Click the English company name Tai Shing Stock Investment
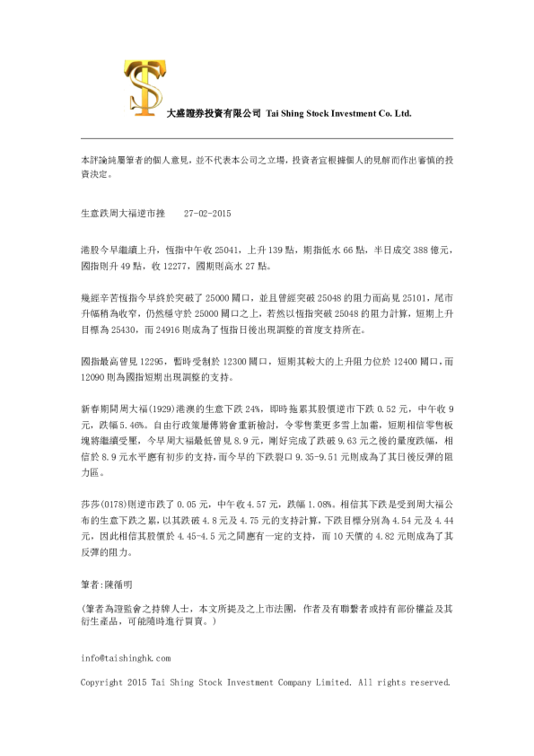(337, 115)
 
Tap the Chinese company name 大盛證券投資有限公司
(214, 115)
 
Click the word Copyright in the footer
(100, 682)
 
